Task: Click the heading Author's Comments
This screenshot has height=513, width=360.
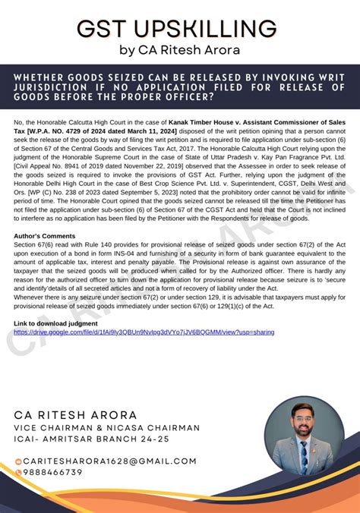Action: click(44, 236)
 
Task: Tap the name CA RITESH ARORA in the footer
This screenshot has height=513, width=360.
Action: click(76, 416)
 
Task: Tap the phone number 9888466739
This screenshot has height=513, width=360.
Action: click(52, 472)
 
